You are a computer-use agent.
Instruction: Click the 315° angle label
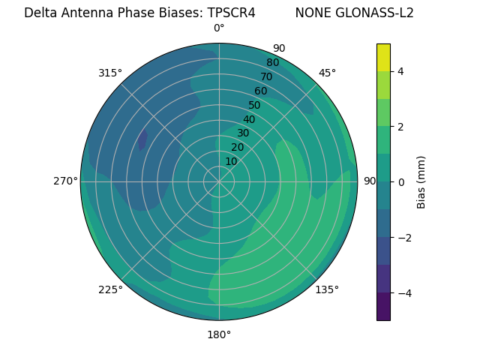109,73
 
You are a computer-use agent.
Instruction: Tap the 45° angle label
327,73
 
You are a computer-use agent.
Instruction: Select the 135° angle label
327,289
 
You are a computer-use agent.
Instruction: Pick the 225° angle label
110,289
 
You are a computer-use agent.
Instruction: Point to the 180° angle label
219,334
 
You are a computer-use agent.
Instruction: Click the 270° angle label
66,181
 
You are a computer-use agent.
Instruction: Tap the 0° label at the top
219,28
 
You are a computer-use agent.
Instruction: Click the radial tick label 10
231,161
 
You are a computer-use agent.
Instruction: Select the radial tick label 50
254,105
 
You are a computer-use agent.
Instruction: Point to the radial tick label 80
272,62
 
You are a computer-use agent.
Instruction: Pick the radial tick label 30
243,133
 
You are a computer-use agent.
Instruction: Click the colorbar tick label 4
400,71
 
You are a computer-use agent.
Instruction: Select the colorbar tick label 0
400,181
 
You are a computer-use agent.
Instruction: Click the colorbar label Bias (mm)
421,181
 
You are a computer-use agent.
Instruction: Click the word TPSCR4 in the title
231,13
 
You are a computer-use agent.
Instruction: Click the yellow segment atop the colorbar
383,57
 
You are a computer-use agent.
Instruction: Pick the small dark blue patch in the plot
142,139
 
